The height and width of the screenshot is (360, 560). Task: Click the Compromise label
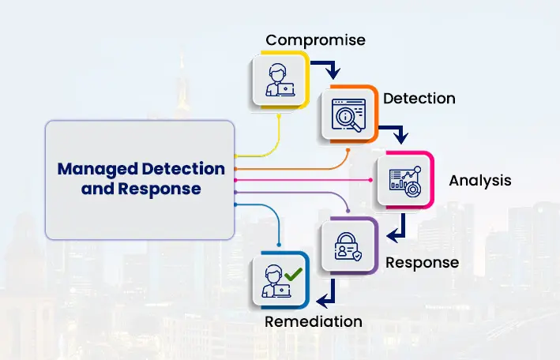(x=315, y=40)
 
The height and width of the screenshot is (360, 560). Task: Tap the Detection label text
(x=419, y=99)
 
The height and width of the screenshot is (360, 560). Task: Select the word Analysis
(x=480, y=181)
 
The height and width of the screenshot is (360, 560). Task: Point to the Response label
(x=422, y=263)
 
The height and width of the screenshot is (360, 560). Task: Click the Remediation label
(x=314, y=321)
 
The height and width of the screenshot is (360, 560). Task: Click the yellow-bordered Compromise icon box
(x=280, y=80)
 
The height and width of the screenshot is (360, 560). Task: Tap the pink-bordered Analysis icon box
(x=406, y=180)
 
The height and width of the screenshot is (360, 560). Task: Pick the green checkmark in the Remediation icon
(x=293, y=274)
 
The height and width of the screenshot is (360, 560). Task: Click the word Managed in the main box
(x=98, y=170)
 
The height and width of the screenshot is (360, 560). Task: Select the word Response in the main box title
(x=160, y=189)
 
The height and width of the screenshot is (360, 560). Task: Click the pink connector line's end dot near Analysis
(x=370, y=180)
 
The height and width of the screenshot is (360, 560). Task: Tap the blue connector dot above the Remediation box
(x=279, y=245)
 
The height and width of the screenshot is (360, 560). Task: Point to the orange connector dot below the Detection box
(x=348, y=150)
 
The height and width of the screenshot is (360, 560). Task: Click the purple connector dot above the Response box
(x=348, y=211)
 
